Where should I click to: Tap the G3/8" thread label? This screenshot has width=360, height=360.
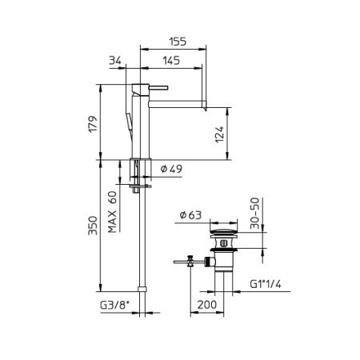(113, 306)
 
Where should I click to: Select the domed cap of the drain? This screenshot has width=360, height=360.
(222, 234)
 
